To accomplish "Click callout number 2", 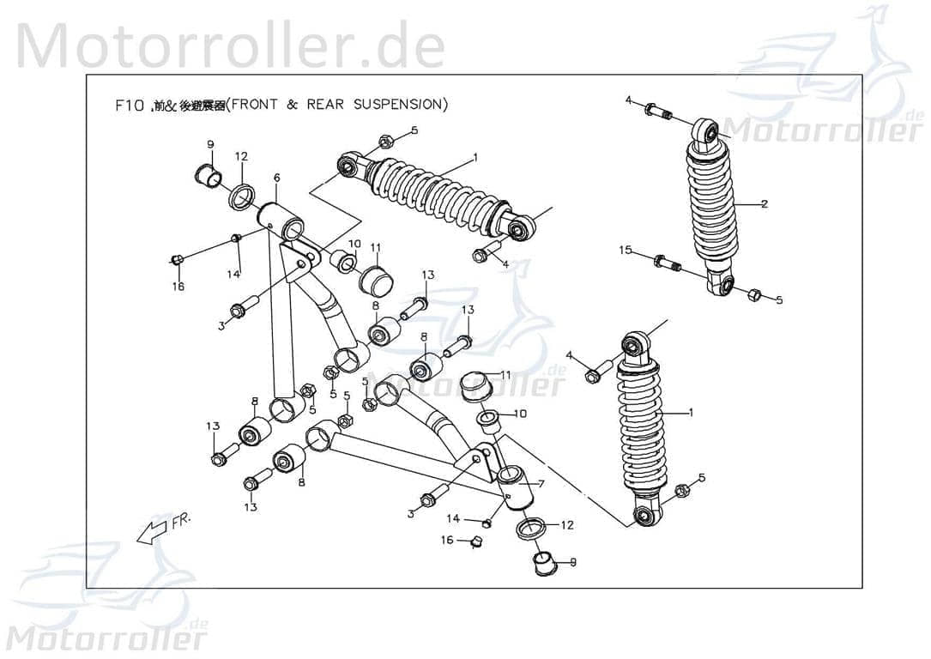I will pyautogui.click(x=764, y=204).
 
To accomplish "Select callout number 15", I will pyautogui.click(x=626, y=250).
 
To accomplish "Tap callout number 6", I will pyautogui.click(x=276, y=178).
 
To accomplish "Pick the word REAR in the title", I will pyautogui.click(x=325, y=105).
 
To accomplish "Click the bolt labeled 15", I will pyautogui.click(x=667, y=263).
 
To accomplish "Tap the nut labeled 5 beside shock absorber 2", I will pyautogui.click(x=753, y=295).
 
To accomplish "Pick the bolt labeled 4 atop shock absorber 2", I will pyautogui.click(x=657, y=111).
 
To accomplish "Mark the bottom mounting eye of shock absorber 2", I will pyautogui.click(x=721, y=284).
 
